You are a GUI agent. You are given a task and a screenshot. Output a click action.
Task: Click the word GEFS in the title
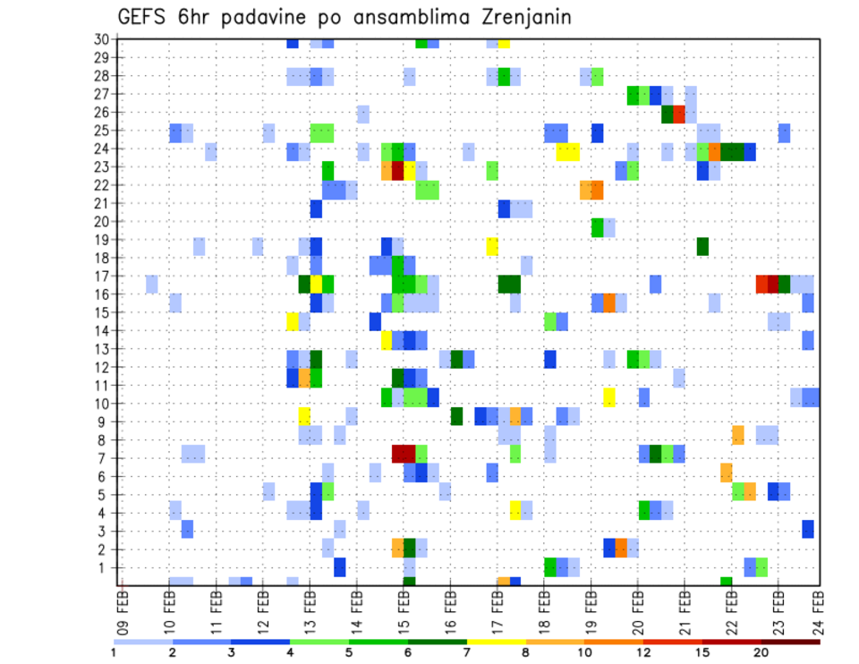(x=146, y=17)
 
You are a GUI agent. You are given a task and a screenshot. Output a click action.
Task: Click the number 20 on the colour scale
(x=761, y=651)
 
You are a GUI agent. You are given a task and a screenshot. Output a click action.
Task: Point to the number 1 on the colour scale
(x=115, y=651)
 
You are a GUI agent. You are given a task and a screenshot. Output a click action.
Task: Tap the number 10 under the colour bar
(x=585, y=651)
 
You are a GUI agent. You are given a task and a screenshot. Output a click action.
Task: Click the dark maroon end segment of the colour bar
(x=790, y=641)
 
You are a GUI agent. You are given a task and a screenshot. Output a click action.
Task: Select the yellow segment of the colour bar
(x=497, y=641)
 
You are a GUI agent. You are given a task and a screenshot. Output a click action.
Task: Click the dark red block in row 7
(x=404, y=454)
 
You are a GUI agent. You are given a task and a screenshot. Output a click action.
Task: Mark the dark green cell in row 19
(x=702, y=246)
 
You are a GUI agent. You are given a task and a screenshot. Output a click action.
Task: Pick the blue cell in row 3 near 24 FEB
(x=808, y=528)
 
